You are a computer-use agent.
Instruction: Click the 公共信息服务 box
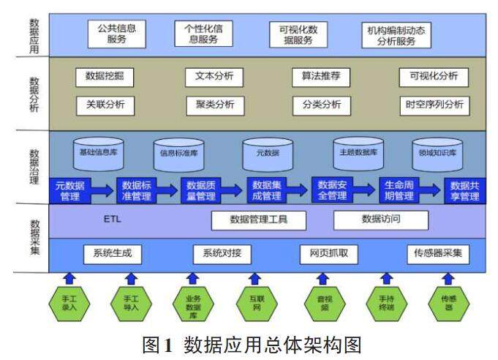[x=117, y=34]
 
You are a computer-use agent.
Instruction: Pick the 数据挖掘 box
[x=105, y=77]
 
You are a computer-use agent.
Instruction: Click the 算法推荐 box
[x=321, y=77]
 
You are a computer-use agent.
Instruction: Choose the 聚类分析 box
[x=215, y=104]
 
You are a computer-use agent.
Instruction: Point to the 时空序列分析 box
[x=434, y=104]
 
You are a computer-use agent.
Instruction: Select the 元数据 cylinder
[x=268, y=153]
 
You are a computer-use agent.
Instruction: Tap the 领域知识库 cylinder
[x=437, y=153]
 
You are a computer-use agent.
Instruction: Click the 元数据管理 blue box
[x=70, y=190]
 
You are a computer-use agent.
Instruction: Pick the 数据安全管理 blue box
[x=333, y=190]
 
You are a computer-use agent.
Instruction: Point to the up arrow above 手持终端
[x=387, y=277]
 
